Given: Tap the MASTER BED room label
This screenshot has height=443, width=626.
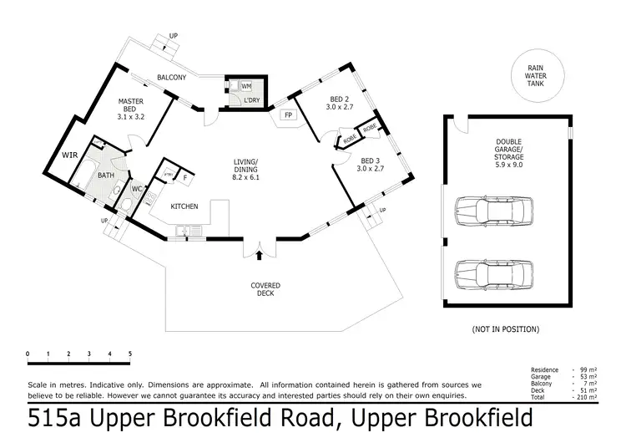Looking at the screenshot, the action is pyautogui.click(x=132, y=105).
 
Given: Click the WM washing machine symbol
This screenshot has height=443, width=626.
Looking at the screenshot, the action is pyautogui.click(x=246, y=86).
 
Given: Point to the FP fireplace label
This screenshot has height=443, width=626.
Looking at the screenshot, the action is pyautogui.click(x=289, y=115).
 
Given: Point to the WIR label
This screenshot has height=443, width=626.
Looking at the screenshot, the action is pyautogui.click(x=69, y=155).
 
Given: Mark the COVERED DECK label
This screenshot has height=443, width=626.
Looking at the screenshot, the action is pyautogui.click(x=265, y=290).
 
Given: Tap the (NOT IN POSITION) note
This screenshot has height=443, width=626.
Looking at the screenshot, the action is pyautogui.click(x=506, y=329).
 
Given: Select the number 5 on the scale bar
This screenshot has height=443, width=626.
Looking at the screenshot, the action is pyautogui.click(x=129, y=354).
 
